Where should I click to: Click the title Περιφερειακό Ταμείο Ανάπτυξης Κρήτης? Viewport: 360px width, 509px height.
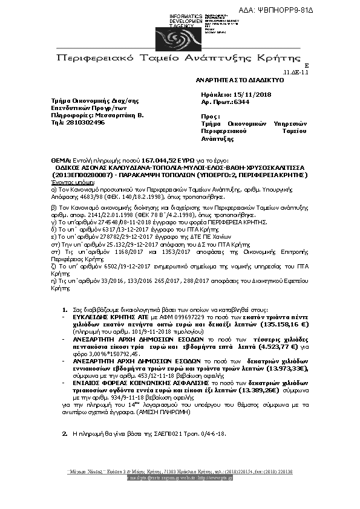pos(178,58)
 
